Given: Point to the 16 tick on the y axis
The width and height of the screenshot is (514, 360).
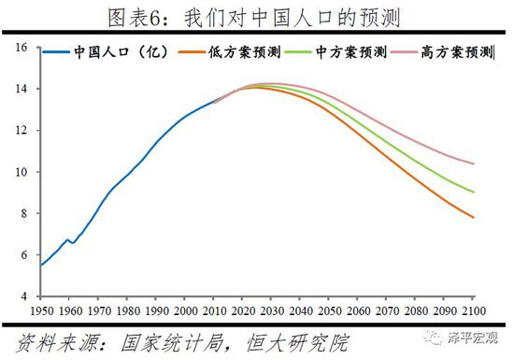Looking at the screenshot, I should [21, 47].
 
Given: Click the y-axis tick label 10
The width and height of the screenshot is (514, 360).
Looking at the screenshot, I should [21, 172].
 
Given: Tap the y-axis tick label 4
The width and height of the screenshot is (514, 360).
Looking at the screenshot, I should [24, 296].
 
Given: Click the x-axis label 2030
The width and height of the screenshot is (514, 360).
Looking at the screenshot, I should [271, 310].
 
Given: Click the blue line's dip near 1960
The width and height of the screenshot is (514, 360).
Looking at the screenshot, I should [72, 242].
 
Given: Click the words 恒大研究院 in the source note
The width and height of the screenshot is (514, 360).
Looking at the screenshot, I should [281, 338].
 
